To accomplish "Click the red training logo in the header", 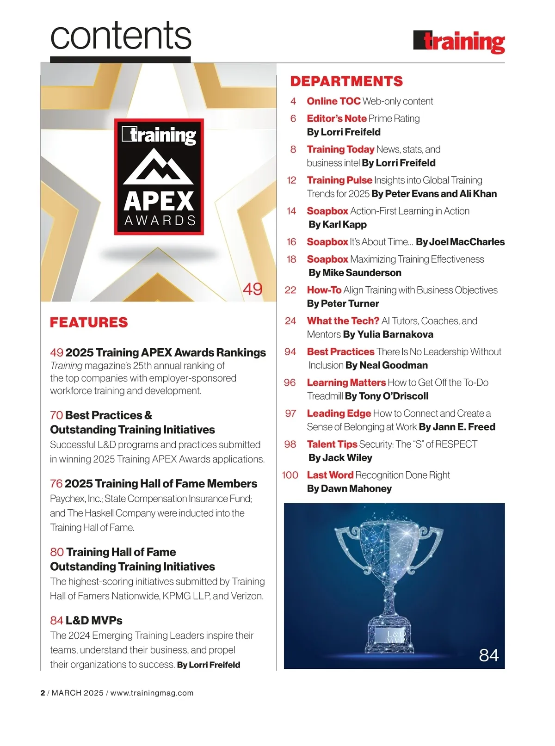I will (459, 42).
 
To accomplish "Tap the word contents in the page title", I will (121, 36).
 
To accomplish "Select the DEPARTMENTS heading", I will (346, 81).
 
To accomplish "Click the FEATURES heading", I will (89, 322).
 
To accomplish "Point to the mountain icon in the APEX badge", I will (159, 166).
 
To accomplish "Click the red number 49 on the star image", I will (253, 289).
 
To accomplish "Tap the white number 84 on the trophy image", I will (488, 655).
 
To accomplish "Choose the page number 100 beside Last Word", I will (290, 475).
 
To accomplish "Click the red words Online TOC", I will (333, 101).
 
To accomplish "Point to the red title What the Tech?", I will (343, 321).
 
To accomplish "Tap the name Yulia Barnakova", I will (395, 334).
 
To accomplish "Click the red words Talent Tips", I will (332, 444).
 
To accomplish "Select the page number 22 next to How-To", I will (290, 290).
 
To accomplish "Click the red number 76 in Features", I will (56, 484).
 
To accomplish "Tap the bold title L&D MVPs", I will (94, 620).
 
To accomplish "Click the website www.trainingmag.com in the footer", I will (152, 693).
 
